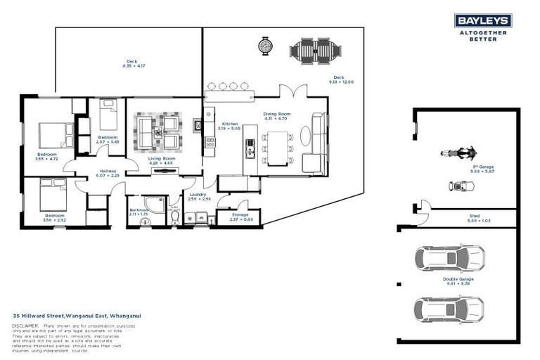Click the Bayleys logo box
[482, 20]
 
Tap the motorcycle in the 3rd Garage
[458, 153]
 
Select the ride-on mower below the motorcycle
[461, 186]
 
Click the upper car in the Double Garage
[449, 257]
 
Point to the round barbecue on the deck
[266, 46]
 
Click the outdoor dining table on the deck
[316, 50]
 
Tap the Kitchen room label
[228, 125]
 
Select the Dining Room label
[277, 115]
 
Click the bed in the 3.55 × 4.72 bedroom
[53, 134]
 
